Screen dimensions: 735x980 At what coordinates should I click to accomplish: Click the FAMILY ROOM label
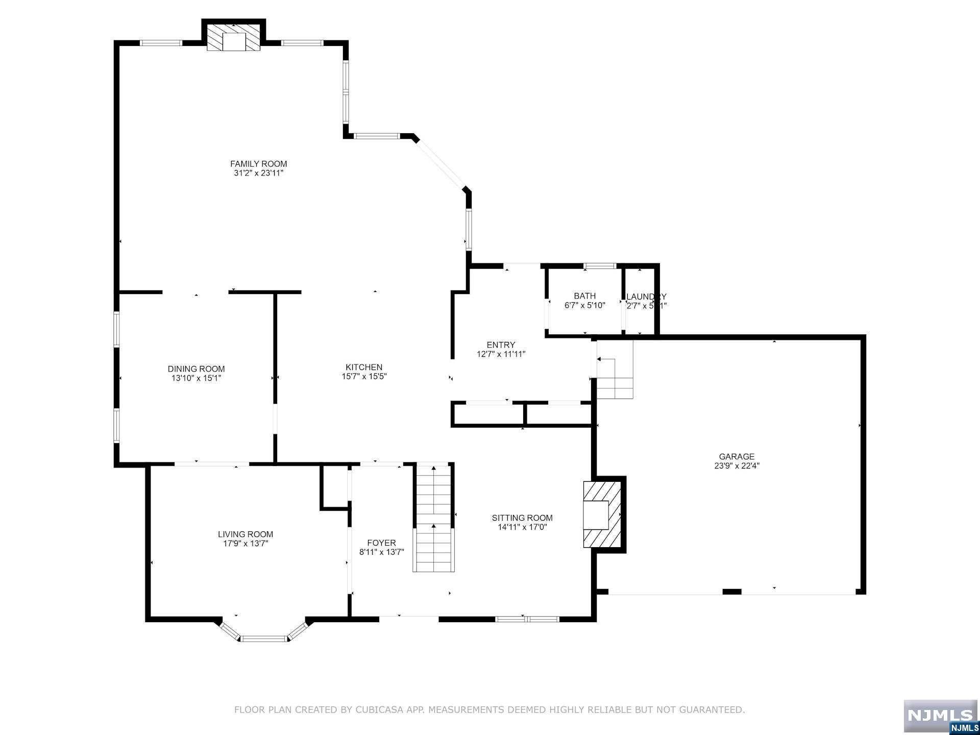(x=258, y=164)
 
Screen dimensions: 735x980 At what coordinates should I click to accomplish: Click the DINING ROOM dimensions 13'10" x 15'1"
(x=196, y=378)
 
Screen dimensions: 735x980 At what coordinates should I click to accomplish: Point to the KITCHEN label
(x=364, y=367)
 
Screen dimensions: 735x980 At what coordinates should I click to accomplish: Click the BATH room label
(x=584, y=296)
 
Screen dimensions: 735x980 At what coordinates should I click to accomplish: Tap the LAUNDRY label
(x=646, y=297)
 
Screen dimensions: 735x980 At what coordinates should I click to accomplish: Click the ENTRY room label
(x=501, y=345)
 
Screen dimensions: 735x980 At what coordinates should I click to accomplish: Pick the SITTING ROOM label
(x=522, y=518)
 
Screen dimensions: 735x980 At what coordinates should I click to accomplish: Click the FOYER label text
(x=381, y=543)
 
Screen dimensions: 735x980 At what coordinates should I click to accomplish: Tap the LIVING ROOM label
(x=242, y=534)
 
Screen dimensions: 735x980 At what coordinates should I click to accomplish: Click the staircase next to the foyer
(x=433, y=518)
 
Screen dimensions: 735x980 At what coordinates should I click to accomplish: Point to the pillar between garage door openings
(x=732, y=592)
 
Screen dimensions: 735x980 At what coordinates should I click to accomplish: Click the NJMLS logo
(x=940, y=717)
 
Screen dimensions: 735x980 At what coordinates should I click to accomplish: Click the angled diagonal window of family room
(x=440, y=164)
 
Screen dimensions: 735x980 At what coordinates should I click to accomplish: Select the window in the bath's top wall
(x=600, y=266)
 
